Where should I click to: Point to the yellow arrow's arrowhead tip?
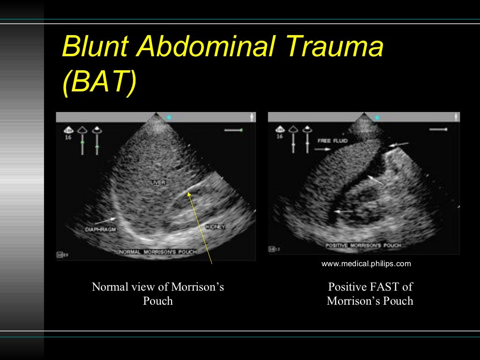[189, 192]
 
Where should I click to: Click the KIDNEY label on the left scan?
[215, 227]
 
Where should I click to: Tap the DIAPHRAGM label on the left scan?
[101, 229]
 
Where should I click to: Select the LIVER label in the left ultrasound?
[157, 181]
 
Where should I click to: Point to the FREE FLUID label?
[332, 141]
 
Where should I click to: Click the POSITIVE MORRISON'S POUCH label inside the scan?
[364, 245]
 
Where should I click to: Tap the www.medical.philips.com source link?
[366, 263]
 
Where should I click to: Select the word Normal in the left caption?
[110, 287]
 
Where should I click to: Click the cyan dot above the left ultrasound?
[169, 117]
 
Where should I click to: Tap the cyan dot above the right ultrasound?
[376, 117]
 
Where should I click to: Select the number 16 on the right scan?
[279, 136]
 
